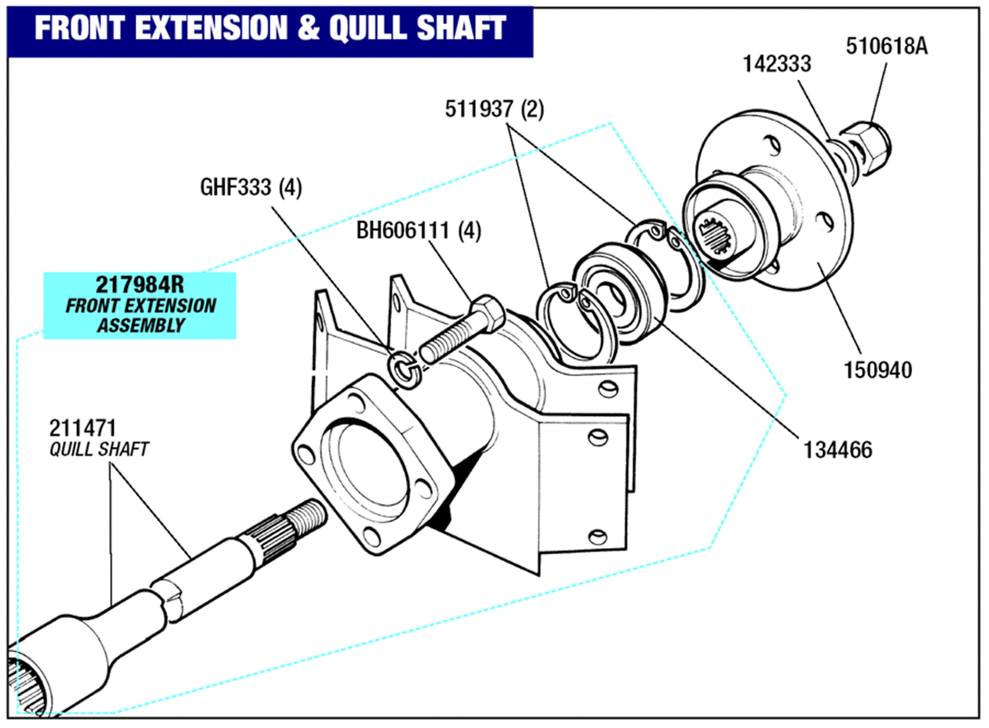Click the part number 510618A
886,46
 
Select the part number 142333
777,64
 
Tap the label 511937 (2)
494,109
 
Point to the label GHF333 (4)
251,188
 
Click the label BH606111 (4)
418,231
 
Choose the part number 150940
877,370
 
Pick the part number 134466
838,450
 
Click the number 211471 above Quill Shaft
83,428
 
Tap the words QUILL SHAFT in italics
99,449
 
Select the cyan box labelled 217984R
140,305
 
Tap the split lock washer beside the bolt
405,370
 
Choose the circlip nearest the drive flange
668,262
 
